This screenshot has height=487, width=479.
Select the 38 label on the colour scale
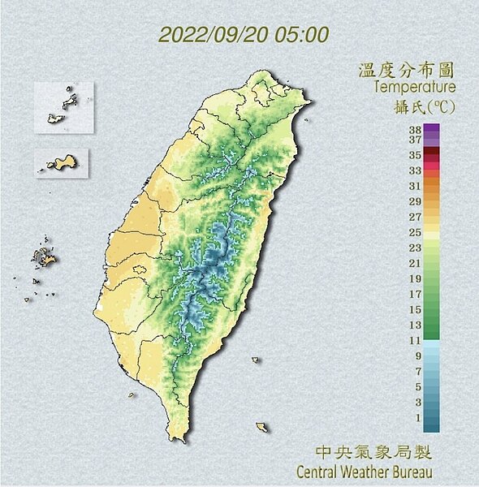[415, 128]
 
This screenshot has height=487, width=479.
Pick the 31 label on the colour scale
[415, 186]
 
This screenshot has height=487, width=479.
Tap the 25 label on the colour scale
[415, 232]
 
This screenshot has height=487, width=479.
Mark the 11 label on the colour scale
[415, 340]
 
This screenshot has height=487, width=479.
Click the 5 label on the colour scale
[416, 386]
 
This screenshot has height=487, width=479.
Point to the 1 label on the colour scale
[416, 417]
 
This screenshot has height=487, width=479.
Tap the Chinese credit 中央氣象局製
[373, 451]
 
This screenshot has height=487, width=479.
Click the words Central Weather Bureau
[364, 472]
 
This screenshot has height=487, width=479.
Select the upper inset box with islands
[63, 106]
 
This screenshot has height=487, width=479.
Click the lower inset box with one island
[61, 163]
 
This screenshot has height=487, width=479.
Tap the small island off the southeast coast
[261, 427]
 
